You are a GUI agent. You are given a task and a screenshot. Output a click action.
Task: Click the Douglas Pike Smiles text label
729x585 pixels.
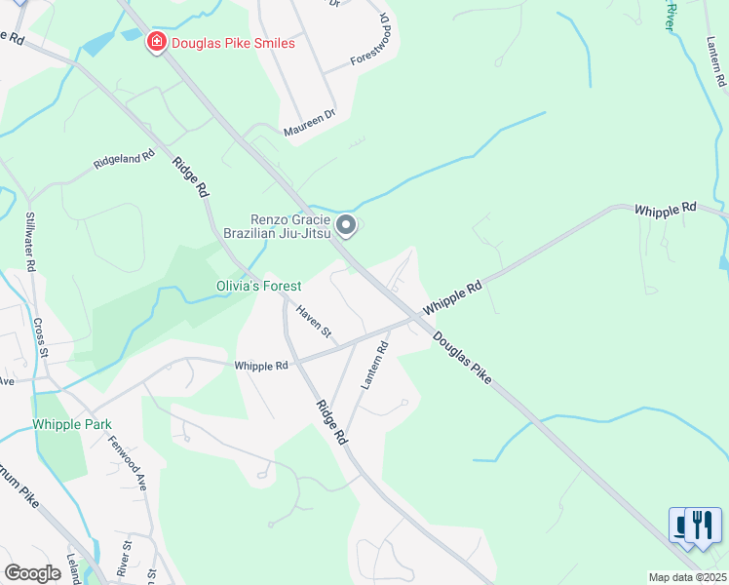[x=232, y=42]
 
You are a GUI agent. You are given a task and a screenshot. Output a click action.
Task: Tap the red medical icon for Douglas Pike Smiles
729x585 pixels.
[x=156, y=42]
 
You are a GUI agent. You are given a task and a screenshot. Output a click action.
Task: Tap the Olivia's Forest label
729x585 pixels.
[x=258, y=286]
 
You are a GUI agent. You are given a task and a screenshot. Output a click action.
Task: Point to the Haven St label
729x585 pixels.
[x=315, y=324]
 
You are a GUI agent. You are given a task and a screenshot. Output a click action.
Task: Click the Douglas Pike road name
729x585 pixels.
[x=462, y=358]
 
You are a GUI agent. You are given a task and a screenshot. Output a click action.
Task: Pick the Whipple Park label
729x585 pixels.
[x=71, y=424]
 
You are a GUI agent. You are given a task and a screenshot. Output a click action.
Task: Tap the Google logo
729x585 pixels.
[x=32, y=573]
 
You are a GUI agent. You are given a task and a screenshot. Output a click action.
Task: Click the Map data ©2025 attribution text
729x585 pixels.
[x=687, y=577]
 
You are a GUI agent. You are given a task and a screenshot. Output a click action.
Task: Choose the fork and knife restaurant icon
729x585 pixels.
[x=703, y=525]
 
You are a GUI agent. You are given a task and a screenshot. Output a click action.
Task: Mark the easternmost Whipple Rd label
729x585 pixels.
[x=666, y=209]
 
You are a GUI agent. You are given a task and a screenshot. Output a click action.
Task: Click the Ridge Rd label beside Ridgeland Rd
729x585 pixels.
[x=191, y=178]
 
